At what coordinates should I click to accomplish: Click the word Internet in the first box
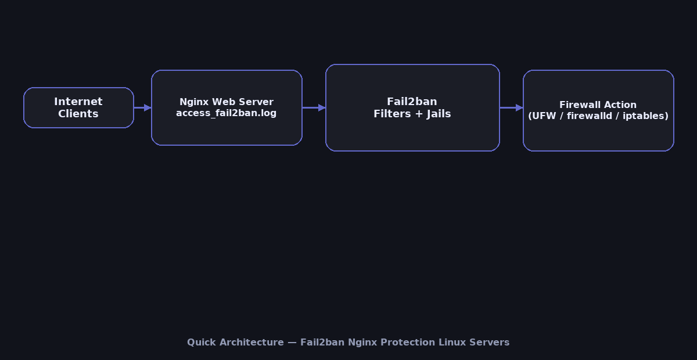[x=78, y=102]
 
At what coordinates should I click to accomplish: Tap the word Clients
[x=78, y=114]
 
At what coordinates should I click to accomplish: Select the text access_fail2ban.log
[x=227, y=113]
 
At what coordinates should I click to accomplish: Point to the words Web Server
[x=243, y=102]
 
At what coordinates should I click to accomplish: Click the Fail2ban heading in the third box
[x=412, y=102]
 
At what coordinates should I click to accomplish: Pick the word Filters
[x=392, y=114]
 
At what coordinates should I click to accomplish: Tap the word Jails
[x=439, y=114]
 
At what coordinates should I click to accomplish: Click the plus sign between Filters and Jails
[x=419, y=114]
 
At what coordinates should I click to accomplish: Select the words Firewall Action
[x=598, y=105]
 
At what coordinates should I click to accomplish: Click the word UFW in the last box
[x=543, y=116]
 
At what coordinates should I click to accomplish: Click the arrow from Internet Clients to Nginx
[x=142, y=107]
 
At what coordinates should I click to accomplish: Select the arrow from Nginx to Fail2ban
[x=314, y=107]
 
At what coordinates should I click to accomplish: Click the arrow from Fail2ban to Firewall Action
[x=511, y=107]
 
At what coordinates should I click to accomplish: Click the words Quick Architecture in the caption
[x=235, y=343]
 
